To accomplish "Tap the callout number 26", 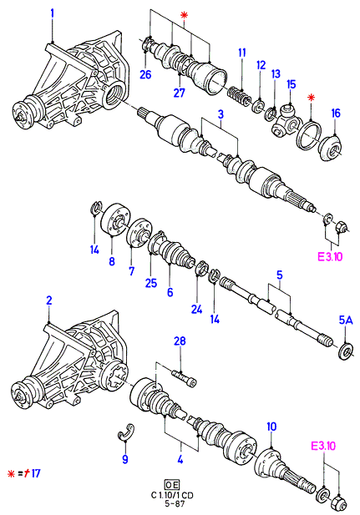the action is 145,74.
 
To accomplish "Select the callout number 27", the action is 180,93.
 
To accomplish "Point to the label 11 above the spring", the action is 242,53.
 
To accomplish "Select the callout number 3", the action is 221,114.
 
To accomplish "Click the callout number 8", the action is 112,261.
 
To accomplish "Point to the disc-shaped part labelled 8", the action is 114,220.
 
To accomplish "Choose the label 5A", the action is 345,321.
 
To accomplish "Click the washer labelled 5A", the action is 346,350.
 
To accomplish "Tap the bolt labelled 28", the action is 184,378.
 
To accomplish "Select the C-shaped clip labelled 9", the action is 126,431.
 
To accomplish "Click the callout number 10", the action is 271,427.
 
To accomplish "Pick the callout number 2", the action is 48,300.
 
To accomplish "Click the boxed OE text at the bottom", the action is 172,484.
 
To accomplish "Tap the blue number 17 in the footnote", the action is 36,473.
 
